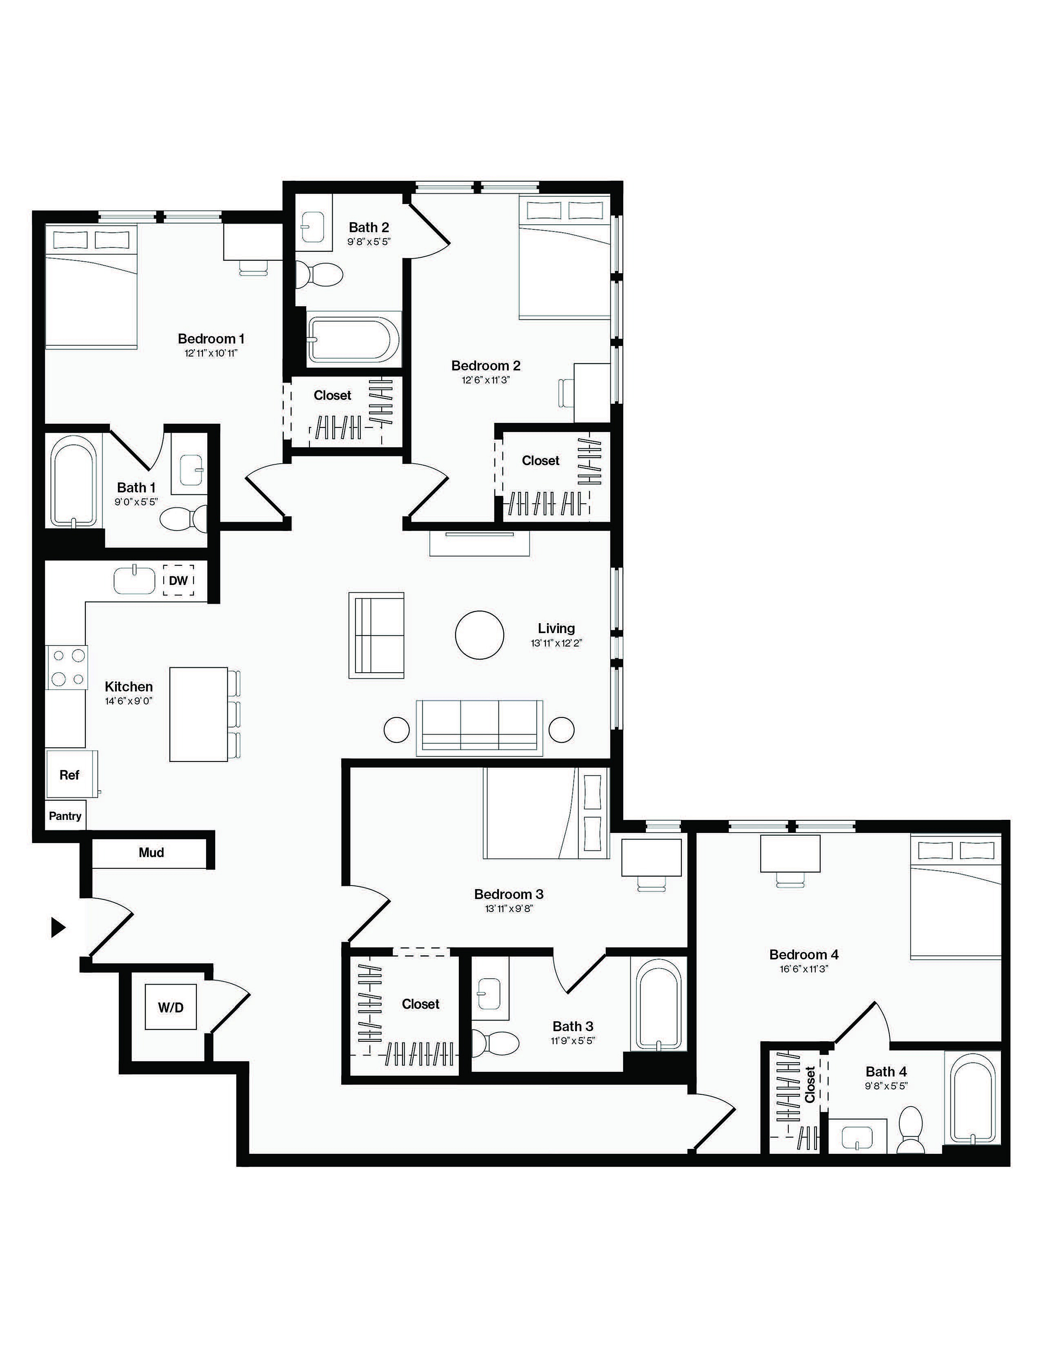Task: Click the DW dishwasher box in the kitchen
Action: point(178,580)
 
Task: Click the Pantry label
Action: point(65,816)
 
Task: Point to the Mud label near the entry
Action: point(151,852)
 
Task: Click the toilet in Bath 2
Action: point(318,274)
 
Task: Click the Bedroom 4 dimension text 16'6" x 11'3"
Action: point(803,968)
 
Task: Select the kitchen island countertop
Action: point(198,714)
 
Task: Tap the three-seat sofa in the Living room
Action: point(479,727)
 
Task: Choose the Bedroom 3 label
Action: point(509,894)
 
